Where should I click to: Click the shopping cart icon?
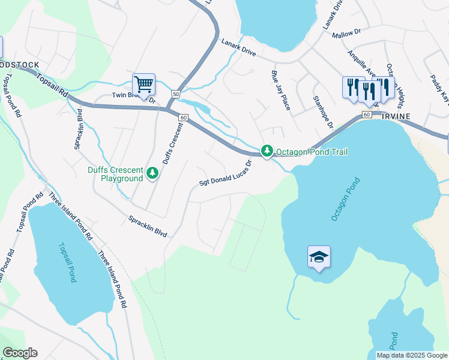click(143, 84)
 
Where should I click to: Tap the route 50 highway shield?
click(176, 94)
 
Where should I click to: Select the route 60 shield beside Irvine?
click(367, 114)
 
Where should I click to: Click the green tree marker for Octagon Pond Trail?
click(267, 151)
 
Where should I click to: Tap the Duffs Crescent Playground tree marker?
click(153, 174)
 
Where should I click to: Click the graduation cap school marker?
click(318, 257)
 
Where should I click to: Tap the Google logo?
click(20, 353)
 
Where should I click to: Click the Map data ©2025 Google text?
click(412, 355)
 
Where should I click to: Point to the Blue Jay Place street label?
click(280, 91)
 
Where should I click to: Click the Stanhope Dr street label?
click(322, 112)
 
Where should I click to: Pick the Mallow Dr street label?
click(346, 35)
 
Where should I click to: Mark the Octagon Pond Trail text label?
click(312, 152)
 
